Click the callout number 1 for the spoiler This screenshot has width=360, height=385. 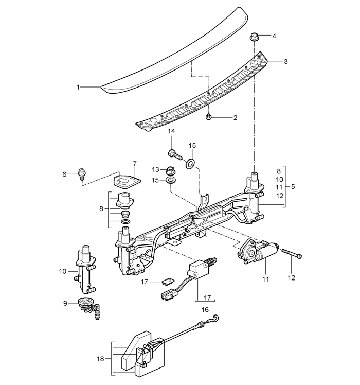78,87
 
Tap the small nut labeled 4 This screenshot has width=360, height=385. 254,37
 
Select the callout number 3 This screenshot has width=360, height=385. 285,61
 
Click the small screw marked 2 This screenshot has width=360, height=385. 209,117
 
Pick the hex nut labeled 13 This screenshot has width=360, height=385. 170,170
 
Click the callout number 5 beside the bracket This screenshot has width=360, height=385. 293,187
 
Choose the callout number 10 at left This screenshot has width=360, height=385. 63,271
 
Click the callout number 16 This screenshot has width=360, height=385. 205,310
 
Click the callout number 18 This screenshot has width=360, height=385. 100,359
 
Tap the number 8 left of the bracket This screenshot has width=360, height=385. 101,209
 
